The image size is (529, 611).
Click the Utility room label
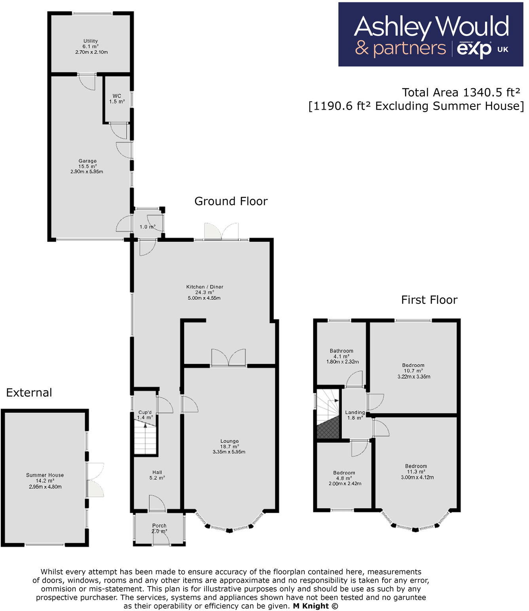[91, 41]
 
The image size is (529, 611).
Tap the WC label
[117, 96]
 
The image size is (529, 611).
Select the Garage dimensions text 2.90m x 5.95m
[87, 172]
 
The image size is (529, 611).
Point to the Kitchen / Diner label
[205, 287]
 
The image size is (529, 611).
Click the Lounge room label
[229, 441]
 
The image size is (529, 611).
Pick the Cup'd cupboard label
[145, 412]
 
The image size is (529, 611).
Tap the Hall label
[157, 472]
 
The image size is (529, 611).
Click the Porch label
[159, 526]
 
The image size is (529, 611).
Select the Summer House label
[45, 475]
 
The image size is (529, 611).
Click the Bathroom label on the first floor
[341, 351]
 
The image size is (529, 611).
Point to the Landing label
[355, 412]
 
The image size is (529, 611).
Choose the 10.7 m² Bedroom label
[413, 365]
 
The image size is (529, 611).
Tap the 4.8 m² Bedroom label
[344, 472]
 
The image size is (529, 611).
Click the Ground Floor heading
[231, 201]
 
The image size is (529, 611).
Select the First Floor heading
[429, 300]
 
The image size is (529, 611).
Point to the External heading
[29, 393]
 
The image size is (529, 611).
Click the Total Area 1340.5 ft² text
[461, 92]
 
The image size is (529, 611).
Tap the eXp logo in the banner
[474, 49]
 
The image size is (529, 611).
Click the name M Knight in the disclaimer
[311, 606]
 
